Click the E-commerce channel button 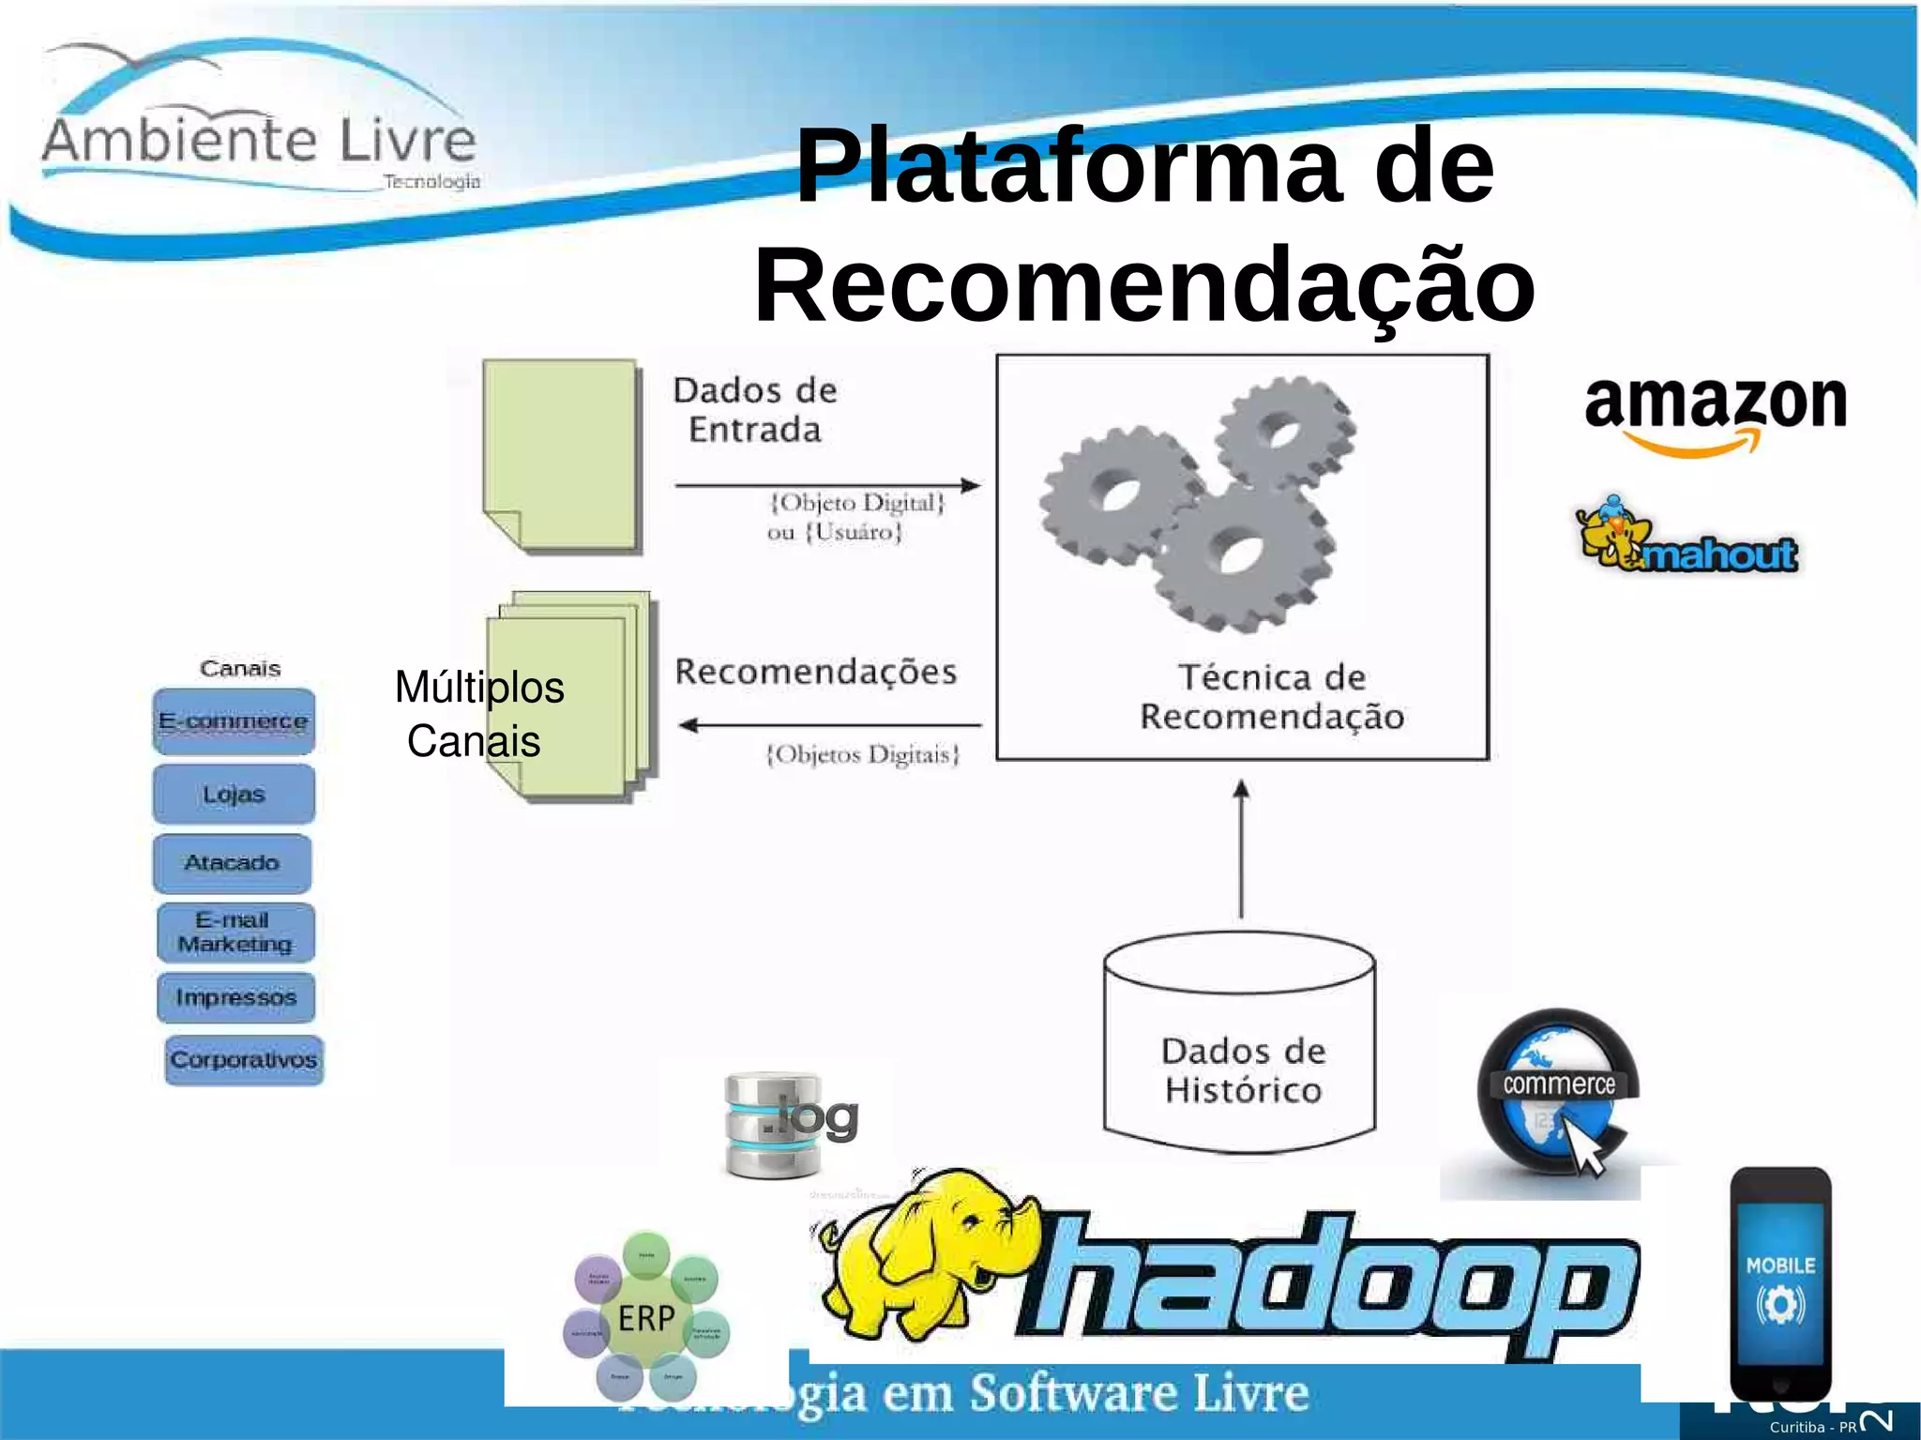(x=234, y=721)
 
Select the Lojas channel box (x=234, y=795)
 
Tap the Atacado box (x=232, y=863)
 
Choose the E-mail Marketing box (x=235, y=932)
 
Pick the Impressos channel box (x=235, y=997)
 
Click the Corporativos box (x=244, y=1060)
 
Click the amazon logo (x=1716, y=413)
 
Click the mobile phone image (x=1779, y=1285)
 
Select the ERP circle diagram (x=646, y=1317)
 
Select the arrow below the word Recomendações (x=829, y=725)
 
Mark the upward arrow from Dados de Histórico (x=1241, y=849)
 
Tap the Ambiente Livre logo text (x=259, y=141)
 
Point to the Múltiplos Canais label (x=478, y=714)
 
